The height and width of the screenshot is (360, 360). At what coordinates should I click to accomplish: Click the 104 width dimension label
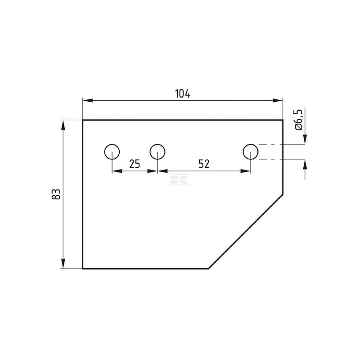183,94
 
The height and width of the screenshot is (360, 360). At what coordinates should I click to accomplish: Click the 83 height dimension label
56,194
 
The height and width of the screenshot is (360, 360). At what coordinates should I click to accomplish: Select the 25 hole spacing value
135,164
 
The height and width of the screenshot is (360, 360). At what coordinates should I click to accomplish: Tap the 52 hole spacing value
204,164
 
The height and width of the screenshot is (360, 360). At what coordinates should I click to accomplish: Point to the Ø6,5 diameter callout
300,120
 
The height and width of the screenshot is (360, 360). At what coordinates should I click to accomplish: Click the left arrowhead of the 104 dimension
87,100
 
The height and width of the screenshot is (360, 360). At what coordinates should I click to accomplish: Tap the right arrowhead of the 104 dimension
278,100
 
